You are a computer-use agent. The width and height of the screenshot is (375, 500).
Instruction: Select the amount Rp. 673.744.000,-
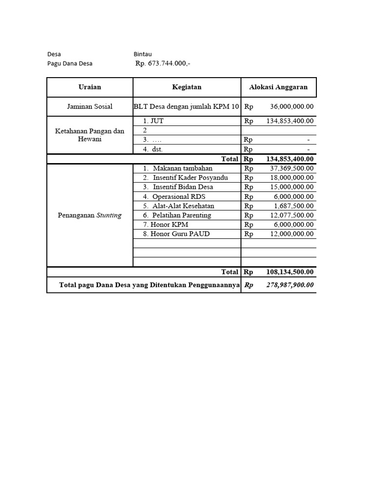point(163,63)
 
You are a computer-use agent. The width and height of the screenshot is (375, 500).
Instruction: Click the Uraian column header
point(90,87)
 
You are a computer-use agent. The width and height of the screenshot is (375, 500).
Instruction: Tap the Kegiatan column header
point(187,87)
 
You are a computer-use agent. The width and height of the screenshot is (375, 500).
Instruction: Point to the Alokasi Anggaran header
point(278,87)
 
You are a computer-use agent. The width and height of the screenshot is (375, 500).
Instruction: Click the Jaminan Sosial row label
point(90,106)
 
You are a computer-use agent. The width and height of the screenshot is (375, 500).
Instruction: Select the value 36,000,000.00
point(292,106)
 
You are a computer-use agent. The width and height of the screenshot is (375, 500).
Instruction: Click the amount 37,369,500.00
point(292,168)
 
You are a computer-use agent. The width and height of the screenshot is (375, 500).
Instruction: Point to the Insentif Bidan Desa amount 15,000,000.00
point(292,187)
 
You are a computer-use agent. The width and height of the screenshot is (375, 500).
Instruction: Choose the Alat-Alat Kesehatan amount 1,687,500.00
point(293,206)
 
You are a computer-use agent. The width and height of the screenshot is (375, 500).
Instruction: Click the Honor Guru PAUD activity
point(176,234)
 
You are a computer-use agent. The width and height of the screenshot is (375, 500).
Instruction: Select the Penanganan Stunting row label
point(90,215)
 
